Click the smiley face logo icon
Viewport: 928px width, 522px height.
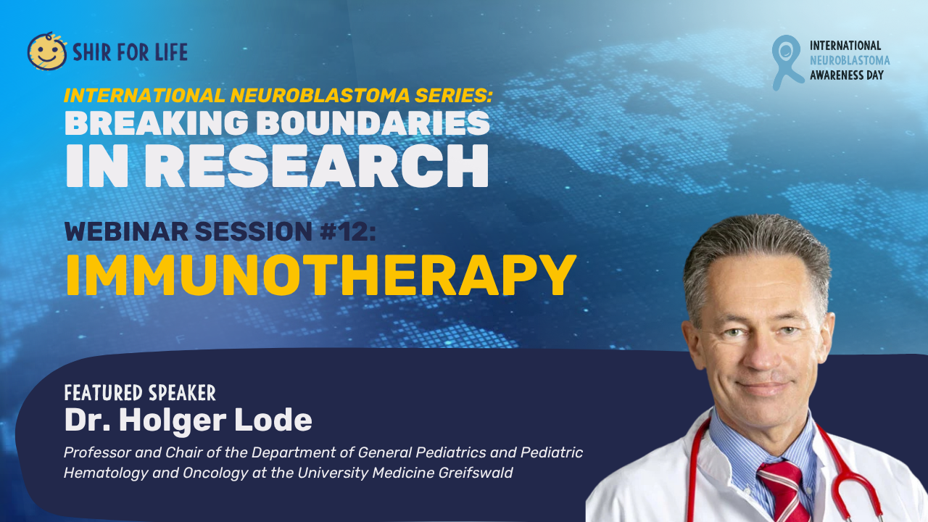tap(47, 51)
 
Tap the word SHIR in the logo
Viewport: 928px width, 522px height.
tap(92, 52)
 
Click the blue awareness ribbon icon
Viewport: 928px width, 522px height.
tap(787, 62)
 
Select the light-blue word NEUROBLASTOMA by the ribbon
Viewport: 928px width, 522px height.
tap(850, 60)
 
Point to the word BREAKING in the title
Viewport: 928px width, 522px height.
tap(157, 123)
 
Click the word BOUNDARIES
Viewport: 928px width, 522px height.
tap(376, 123)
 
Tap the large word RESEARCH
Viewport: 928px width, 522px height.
tap(317, 166)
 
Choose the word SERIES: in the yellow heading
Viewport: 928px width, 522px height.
tap(454, 95)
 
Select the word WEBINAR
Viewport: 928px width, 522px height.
tap(126, 231)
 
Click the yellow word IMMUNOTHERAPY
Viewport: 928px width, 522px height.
tap(321, 275)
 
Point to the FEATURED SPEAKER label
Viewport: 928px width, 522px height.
tap(140, 393)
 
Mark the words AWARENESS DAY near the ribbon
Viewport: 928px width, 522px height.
tap(847, 75)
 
